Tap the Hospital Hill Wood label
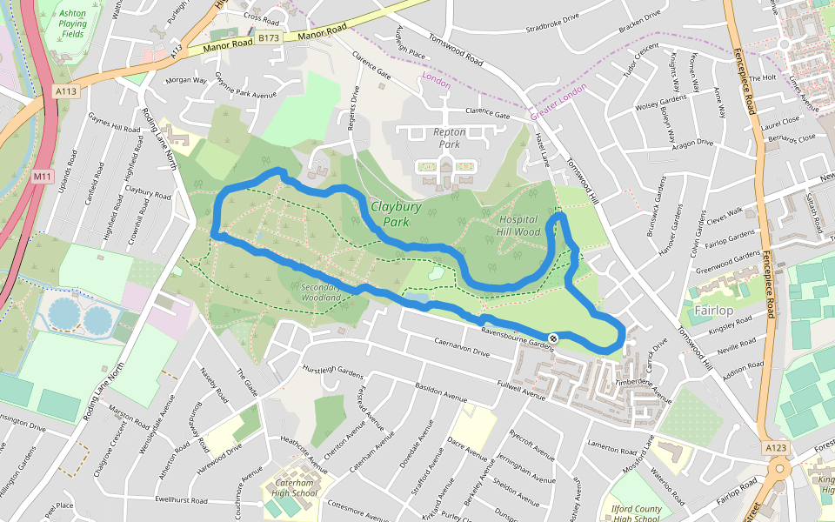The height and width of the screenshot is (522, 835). pos(518,226)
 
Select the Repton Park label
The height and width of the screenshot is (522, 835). pos(450,138)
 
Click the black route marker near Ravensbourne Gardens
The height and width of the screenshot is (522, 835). pos(553,338)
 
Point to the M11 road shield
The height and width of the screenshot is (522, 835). pos(41,177)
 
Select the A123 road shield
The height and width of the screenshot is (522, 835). pos(776,447)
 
